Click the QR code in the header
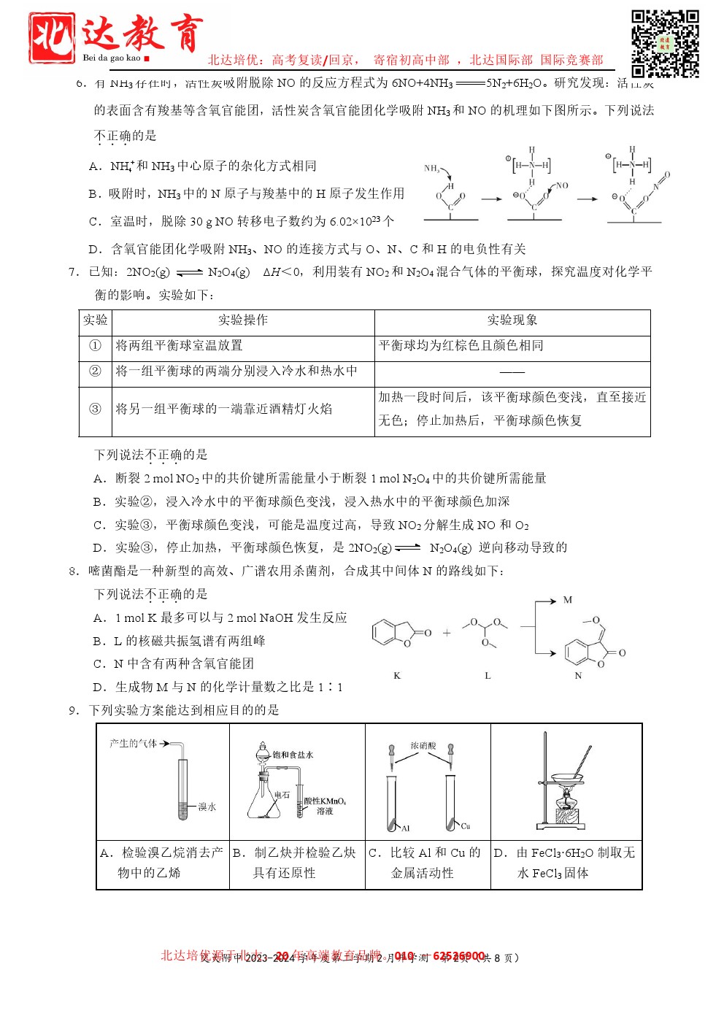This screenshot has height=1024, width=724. pyautogui.click(x=664, y=43)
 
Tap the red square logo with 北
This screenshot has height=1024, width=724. pyautogui.click(x=51, y=37)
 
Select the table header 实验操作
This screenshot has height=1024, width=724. pyautogui.click(x=243, y=320)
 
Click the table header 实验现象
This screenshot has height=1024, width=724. pyautogui.click(x=512, y=320)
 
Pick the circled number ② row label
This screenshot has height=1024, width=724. pyautogui.click(x=95, y=372)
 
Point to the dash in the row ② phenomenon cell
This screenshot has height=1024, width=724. pyautogui.click(x=512, y=372)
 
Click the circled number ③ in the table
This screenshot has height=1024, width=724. pyautogui.click(x=95, y=409)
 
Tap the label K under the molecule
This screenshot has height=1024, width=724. pyautogui.click(x=397, y=676)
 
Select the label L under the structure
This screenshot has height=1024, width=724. pyautogui.click(x=488, y=676)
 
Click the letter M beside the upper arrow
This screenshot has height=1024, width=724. pyautogui.click(x=567, y=600)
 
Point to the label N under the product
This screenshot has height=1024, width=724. pyautogui.click(x=578, y=676)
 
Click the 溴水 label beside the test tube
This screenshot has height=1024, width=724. pyautogui.click(x=207, y=807)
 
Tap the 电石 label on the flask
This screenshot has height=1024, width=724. pyautogui.click(x=282, y=795)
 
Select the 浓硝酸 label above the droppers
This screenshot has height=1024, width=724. pyautogui.click(x=423, y=746)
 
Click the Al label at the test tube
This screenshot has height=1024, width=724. pyautogui.click(x=405, y=828)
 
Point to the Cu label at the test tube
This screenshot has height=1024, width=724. pyautogui.click(x=466, y=826)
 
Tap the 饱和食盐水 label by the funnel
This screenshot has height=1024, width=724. pyautogui.click(x=293, y=755)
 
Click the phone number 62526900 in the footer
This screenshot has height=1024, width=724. pyautogui.click(x=459, y=956)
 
